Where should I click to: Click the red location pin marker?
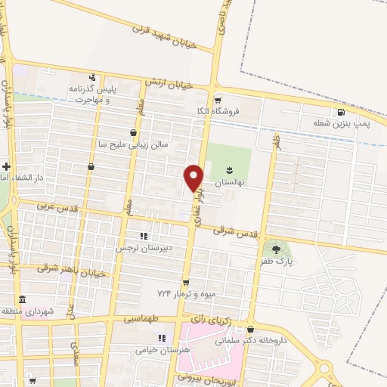pos(194,177)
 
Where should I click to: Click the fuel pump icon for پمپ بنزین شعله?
pos(341,113)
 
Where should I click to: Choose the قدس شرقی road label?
pos(234,232)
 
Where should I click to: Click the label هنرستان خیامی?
pos(159,351)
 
